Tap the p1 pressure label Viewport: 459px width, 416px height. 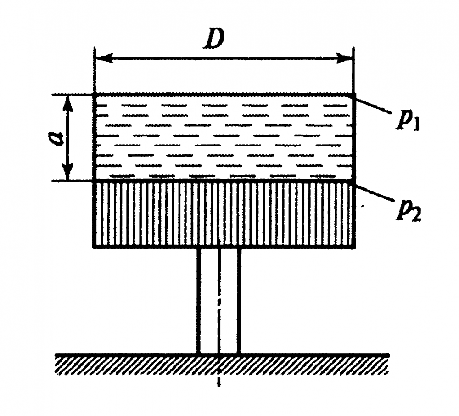click(408, 119)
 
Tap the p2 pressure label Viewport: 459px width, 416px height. click(409, 210)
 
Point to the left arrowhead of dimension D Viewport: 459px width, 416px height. click(104, 58)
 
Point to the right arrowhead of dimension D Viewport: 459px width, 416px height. click(344, 58)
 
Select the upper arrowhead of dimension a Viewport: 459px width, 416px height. click(68, 102)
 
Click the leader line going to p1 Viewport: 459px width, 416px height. click(371, 104)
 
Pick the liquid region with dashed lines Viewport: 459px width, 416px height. click(224, 137)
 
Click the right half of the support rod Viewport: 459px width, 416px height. click(230, 301)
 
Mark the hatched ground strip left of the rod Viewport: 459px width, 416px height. click(127, 365)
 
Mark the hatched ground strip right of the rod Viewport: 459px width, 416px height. click(315, 365)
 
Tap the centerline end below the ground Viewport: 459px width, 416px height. click(218, 386)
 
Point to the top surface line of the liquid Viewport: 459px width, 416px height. click(224, 94)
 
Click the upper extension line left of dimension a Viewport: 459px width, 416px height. click(73, 95)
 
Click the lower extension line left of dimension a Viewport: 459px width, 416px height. click(73, 181)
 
